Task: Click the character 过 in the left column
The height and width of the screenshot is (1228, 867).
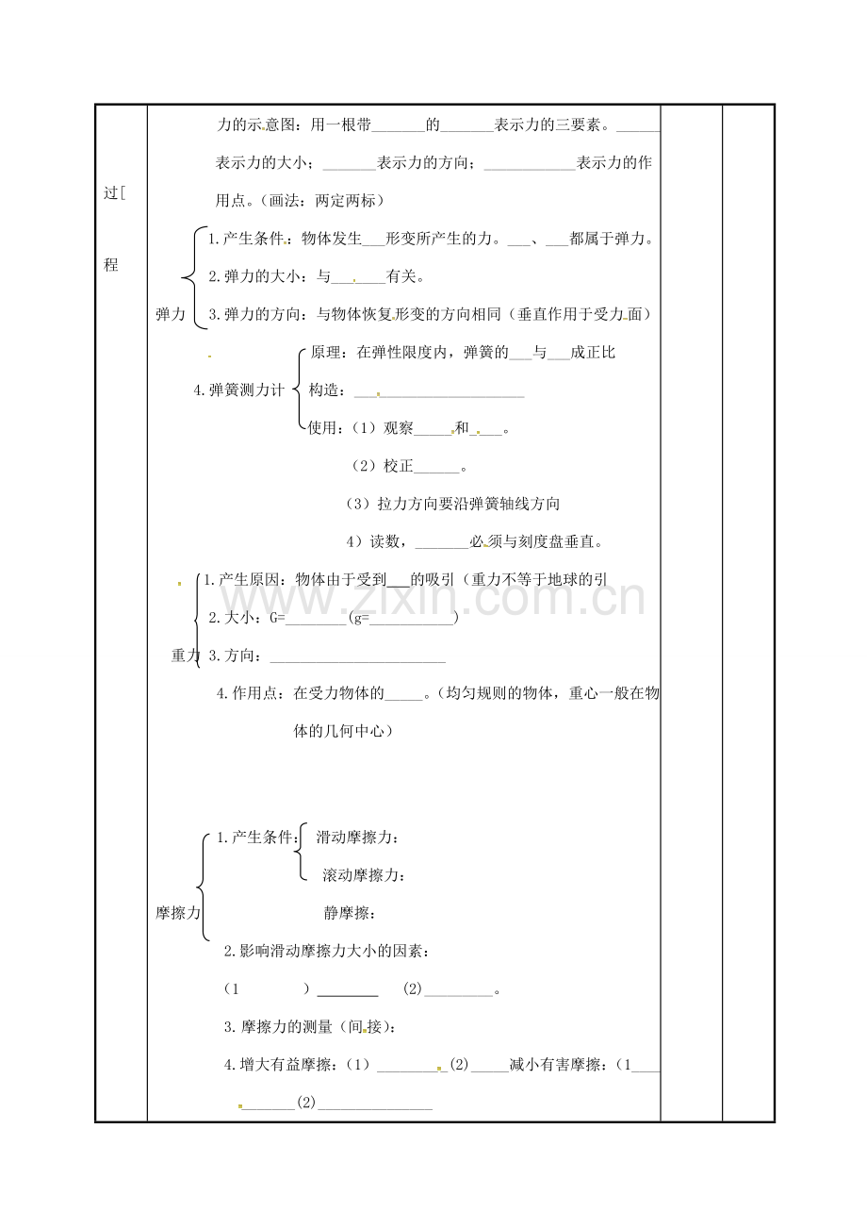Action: point(111,193)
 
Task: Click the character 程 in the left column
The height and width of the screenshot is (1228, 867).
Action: point(111,265)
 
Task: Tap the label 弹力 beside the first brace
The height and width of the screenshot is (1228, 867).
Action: point(171,315)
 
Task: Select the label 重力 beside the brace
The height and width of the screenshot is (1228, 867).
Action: point(186,655)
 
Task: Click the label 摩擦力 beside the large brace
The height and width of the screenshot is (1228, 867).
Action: point(178,912)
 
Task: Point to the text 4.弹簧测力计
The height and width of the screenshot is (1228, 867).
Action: point(238,390)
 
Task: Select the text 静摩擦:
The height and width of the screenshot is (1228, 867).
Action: point(350,912)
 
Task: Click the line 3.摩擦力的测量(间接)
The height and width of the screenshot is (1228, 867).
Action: point(310,1027)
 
